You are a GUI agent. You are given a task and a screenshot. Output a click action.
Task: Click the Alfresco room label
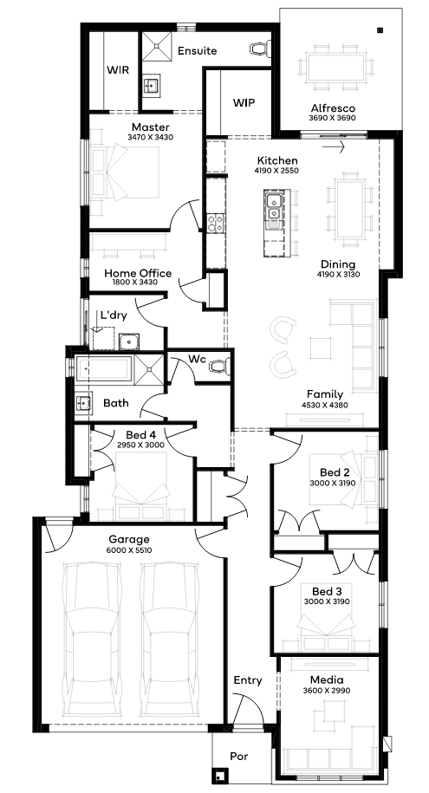pos(333,108)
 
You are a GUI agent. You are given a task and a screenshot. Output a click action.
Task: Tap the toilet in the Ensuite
pos(258,49)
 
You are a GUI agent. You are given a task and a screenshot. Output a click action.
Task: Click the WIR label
pos(117,70)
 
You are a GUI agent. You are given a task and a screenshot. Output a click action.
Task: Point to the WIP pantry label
pos(244,102)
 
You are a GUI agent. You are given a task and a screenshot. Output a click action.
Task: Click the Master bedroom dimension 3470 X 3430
pos(151,137)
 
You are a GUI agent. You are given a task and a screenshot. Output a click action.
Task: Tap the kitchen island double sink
pos(273,208)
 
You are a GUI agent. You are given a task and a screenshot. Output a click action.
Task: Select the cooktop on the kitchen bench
pos(215,223)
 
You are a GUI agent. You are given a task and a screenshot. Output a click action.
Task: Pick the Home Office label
pos(138,273)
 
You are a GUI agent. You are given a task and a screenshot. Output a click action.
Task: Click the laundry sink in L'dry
pos(129,341)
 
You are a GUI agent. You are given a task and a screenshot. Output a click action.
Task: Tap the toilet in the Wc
pos(219,366)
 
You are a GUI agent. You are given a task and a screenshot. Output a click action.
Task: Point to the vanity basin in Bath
pos(83,403)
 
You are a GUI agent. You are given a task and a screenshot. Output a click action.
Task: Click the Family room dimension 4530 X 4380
pos(325,405)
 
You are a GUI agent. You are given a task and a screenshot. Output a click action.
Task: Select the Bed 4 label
pos(140,435)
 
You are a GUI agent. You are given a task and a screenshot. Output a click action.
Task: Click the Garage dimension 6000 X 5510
pos(129,550)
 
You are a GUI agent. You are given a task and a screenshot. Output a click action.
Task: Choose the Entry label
pos(248,680)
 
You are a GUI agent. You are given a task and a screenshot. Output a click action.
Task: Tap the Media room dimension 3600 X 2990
pos(327,691)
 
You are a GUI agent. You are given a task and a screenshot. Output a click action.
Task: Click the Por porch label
pos(239,757)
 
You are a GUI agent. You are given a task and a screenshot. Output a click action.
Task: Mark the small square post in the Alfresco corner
pos(380,29)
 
